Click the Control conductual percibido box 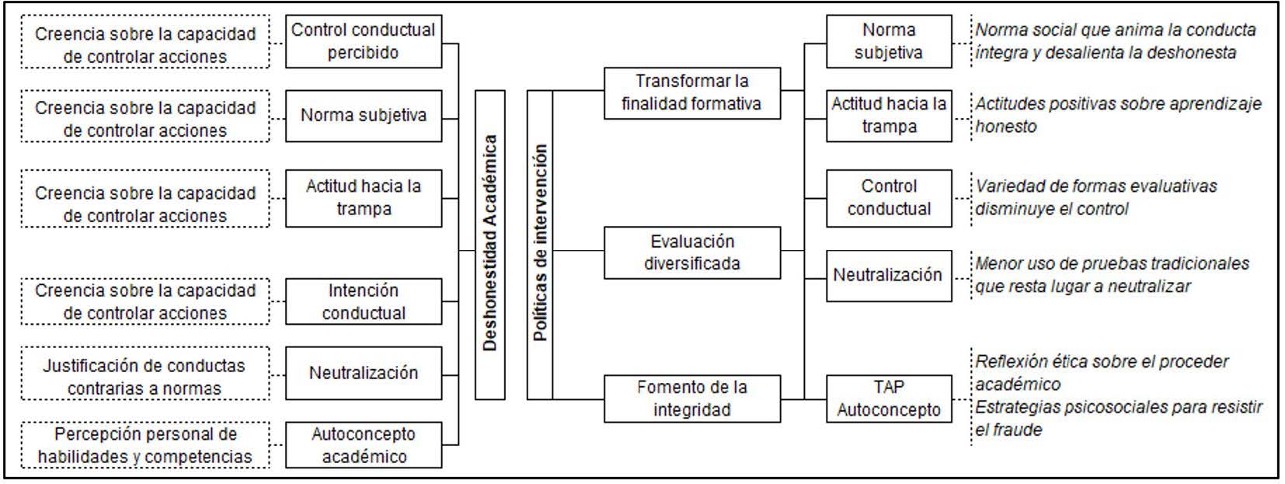pyautogui.click(x=363, y=41)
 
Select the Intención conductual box pyautogui.click(x=363, y=301)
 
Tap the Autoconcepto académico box pyautogui.click(x=363, y=445)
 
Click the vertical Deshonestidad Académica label pyautogui.click(x=489, y=245)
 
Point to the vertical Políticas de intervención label pyautogui.click(x=540, y=245)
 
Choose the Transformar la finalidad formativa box pyautogui.click(x=691, y=92)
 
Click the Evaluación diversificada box pyautogui.click(x=691, y=252)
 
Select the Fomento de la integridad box pyautogui.click(x=691, y=399)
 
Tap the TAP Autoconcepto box pyautogui.click(x=888, y=399)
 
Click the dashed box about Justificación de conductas pyautogui.click(x=145, y=376)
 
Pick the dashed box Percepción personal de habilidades pyautogui.click(x=145, y=445)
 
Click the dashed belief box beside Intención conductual pyautogui.click(x=145, y=301)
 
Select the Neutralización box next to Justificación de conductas pyautogui.click(x=363, y=373)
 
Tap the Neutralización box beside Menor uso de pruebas pyautogui.click(x=888, y=275)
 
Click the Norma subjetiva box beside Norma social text pyautogui.click(x=888, y=41)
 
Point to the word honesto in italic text pyautogui.click(x=1006, y=127)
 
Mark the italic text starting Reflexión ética pyautogui.click(x=1102, y=362)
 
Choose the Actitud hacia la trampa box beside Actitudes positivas pyautogui.click(x=888, y=115)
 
